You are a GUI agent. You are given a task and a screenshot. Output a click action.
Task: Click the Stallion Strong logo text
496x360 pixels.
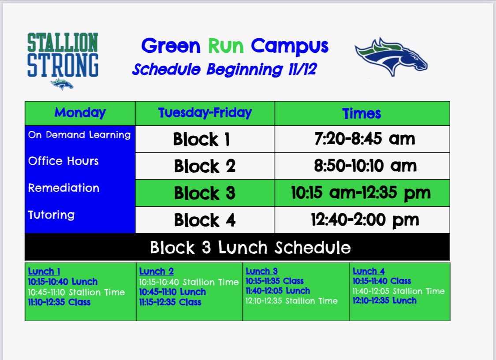click(63, 55)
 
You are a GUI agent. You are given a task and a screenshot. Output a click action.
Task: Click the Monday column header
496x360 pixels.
click(80, 113)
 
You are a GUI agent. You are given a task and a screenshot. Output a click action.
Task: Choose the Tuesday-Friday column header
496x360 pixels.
click(205, 113)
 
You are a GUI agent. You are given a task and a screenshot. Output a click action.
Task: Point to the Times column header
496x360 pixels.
click(362, 114)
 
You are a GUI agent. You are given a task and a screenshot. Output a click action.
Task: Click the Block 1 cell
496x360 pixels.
click(201, 139)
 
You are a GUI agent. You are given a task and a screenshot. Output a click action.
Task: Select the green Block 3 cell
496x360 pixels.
click(204, 193)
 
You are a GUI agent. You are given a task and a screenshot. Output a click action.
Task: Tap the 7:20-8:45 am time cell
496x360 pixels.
click(365, 139)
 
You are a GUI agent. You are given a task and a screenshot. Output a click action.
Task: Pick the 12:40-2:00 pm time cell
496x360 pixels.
click(365, 220)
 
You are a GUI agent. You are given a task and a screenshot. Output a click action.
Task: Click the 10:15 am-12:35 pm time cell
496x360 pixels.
click(361, 193)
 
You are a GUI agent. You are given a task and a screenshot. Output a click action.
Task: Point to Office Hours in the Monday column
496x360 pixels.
click(63, 161)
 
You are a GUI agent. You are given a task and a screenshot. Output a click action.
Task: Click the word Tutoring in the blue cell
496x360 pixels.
click(52, 215)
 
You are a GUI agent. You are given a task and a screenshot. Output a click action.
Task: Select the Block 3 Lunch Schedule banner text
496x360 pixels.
click(250, 247)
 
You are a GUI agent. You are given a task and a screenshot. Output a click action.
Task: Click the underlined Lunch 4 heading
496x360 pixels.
click(369, 271)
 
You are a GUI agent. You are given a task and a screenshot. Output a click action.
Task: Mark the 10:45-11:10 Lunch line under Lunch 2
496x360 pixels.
click(172, 292)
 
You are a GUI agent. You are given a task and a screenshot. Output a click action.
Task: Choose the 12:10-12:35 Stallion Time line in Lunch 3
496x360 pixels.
click(291, 301)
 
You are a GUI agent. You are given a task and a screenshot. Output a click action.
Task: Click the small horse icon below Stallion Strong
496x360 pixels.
click(62, 84)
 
